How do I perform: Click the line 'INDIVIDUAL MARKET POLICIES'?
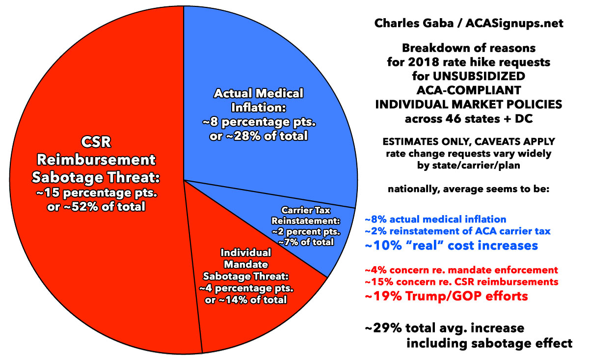coord(470,105)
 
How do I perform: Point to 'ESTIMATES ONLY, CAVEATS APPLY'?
coord(470,142)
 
